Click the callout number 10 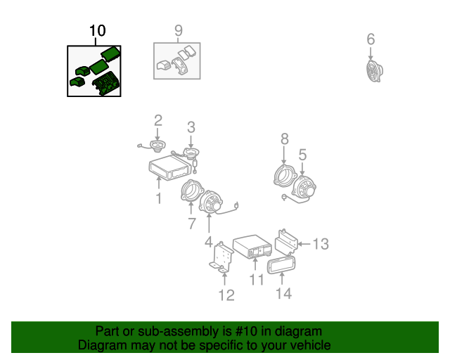point(98,31)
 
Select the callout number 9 point(178,30)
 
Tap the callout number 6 point(371,39)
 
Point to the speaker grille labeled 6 point(375,71)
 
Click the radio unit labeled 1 point(170,167)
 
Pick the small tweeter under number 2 point(157,146)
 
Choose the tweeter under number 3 point(191,153)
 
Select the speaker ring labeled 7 point(191,191)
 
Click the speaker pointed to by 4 point(211,202)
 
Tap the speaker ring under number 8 point(284,175)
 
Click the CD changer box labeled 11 point(252,247)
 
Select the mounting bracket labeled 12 point(221,257)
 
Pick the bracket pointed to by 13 point(286,243)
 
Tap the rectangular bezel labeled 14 point(281,265)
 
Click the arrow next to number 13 point(304,244)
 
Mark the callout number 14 point(283,294)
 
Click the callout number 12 point(226,295)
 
